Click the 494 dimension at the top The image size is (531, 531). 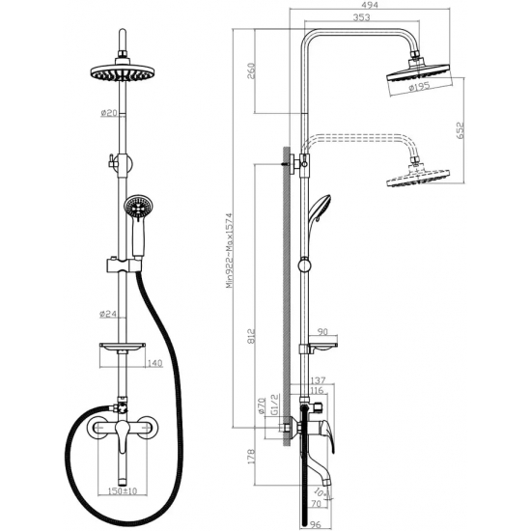370,5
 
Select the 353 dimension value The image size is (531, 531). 361,17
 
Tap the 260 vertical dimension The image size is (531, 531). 251,70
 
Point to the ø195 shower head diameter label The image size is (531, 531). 419,87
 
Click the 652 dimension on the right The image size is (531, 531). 461,130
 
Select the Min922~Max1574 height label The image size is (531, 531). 230,250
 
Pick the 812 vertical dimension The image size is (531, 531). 251,336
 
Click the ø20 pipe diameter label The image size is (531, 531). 109,113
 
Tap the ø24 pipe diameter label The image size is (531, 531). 108,315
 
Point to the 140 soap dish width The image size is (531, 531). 155,363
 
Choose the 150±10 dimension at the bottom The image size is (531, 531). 123,490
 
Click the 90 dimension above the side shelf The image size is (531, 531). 323,331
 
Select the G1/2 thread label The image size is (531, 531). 274,404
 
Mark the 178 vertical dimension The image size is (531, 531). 251,456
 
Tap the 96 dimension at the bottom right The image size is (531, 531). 316,524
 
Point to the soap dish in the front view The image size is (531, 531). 123,346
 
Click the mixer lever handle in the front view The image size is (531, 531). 122,436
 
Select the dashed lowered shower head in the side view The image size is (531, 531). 418,176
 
